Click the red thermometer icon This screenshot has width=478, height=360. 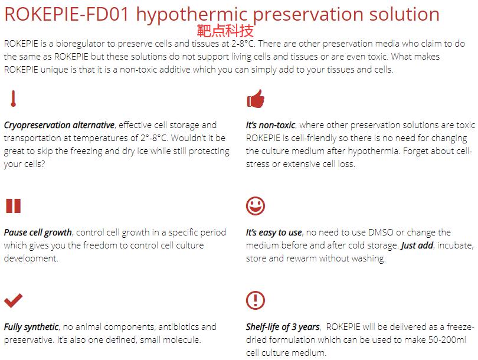click(13, 99)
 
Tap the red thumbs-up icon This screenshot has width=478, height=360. click(256, 99)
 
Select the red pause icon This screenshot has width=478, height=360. click(14, 206)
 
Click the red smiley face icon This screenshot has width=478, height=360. click(256, 206)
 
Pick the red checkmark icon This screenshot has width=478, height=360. click(14, 300)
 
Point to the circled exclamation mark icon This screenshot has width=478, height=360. click(256, 300)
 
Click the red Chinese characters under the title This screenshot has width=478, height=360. click(225, 31)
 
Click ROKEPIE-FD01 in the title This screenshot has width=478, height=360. click(67, 14)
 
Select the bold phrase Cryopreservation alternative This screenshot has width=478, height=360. click(59, 125)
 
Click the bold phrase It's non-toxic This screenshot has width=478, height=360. click(270, 125)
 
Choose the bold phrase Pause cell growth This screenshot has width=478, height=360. click(38, 233)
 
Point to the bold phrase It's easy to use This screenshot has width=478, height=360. click(274, 233)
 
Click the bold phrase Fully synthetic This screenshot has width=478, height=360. click(31, 327)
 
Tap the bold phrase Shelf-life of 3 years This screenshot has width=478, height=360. click(283, 327)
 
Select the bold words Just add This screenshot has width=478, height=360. click(417, 246)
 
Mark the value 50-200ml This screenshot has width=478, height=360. click(447, 339)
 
